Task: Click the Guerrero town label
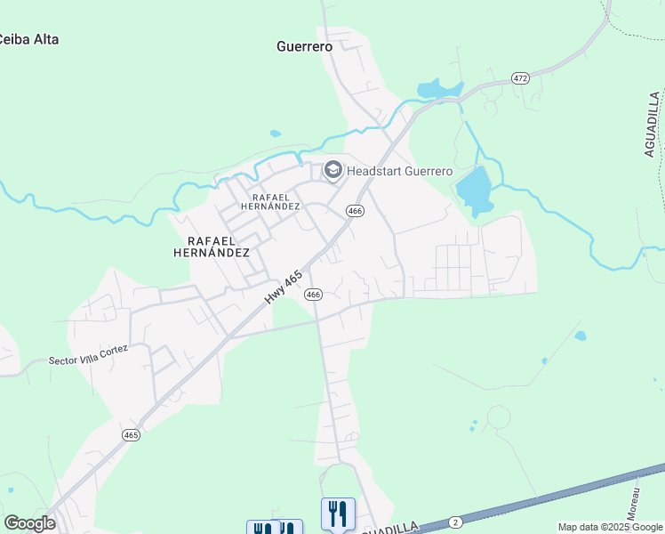tap(304, 45)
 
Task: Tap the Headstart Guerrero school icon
tap(333, 170)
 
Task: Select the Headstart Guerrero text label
tap(400, 171)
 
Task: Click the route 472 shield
tap(521, 79)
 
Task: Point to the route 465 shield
tap(132, 434)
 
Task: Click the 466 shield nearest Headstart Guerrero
tap(356, 211)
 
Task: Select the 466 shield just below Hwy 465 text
tap(313, 294)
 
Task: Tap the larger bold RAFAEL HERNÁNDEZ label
tap(218, 247)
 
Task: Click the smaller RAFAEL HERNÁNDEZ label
tap(276, 201)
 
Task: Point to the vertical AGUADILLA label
tap(653, 124)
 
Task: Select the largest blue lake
tap(474, 190)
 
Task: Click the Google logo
tap(29, 523)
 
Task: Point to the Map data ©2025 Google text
tap(611, 527)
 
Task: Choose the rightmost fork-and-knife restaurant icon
tap(338, 514)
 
